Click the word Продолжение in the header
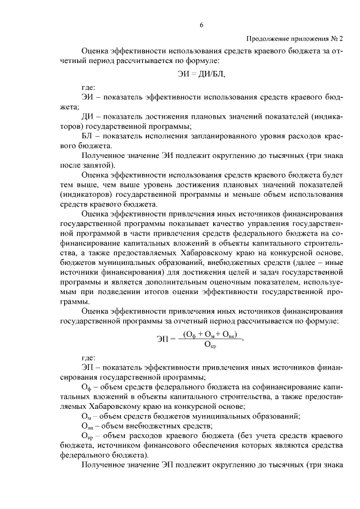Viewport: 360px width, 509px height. [x=267, y=38]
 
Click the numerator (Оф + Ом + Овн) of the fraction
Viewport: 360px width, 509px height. [x=209, y=333]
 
